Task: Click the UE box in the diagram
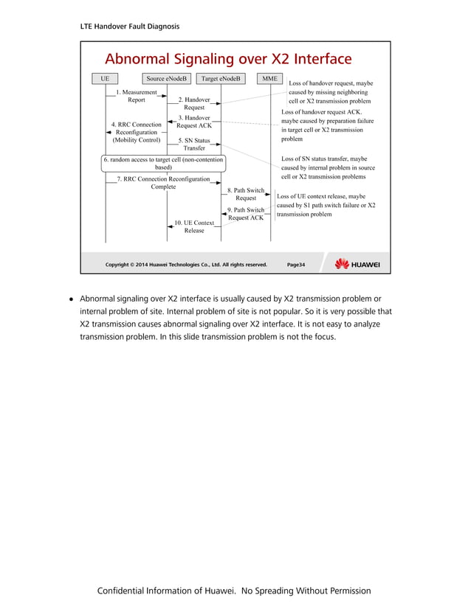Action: pyautogui.click(x=105, y=78)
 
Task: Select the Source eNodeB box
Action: pyautogui.click(x=167, y=78)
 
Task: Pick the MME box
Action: pyautogui.click(x=270, y=78)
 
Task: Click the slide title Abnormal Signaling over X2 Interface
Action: pyautogui.click(x=228, y=59)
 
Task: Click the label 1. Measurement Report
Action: pyautogui.click(x=137, y=96)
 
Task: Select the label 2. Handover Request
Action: pyautogui.click(x=194, y=103)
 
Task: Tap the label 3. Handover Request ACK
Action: pyautogui.click(x=194, y=122)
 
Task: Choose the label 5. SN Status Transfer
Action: pyautogui.click(x=194, y=144)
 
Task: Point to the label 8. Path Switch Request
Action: pyautogui.click(x=246, y=194)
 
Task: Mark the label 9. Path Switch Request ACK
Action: pyautogui.click(x=246, y=214)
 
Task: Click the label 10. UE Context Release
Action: pyautogui.click(x=194, y=226)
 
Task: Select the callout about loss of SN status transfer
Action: pyautogui.click(x=324, y=167)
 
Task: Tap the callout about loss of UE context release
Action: pyautogui.click(x=326, y=206)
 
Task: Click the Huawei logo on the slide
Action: pyautogui.click(x=357, y=264)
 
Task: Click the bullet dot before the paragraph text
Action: pyautogui.click(x=72, y=299)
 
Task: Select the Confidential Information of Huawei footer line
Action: pyautogui.click(x=234, y=591)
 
